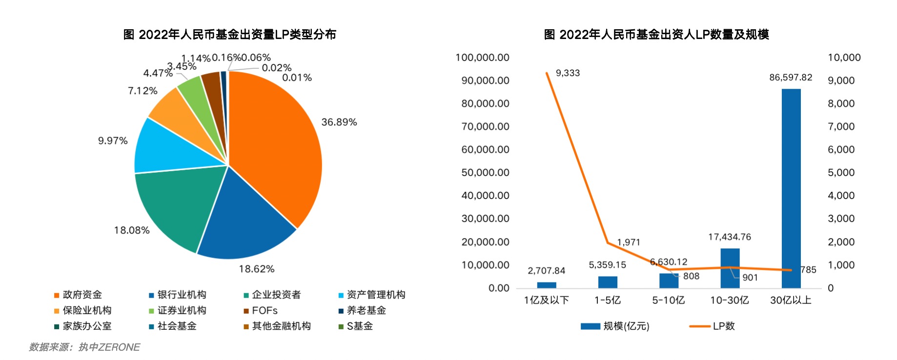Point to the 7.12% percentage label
[143, 91]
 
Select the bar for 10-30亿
[730, 268]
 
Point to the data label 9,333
[568, 73]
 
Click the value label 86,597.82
[791, 78]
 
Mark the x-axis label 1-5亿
[608, 300]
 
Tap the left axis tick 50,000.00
[485, 173]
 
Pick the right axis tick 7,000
[841, 126]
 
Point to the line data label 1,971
[628, 242]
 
